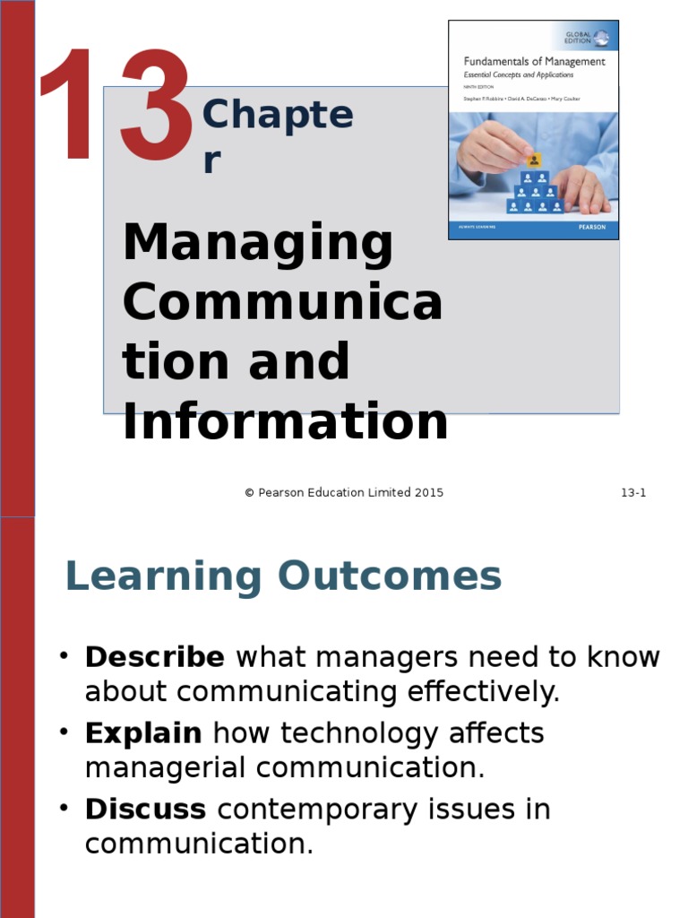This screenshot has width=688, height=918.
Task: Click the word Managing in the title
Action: [258, 246]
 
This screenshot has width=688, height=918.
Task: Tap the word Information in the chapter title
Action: [285, 422]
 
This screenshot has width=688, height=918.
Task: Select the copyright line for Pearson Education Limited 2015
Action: [344, 492]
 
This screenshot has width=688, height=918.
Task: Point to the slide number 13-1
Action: [633, 492]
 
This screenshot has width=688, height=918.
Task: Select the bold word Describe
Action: [154, 657]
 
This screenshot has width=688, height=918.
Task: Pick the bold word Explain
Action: [143, 733]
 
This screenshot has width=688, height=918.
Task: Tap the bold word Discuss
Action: [145, 810]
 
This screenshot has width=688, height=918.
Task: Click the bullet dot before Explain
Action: [64, 732]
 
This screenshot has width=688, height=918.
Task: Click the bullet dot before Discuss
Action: [64, 808]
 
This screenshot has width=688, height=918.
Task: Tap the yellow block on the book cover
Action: [534, 160]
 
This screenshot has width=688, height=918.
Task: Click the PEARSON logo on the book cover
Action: [591, 228]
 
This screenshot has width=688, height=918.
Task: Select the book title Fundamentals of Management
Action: [534, 62]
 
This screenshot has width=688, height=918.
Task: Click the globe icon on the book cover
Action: [601, 38]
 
